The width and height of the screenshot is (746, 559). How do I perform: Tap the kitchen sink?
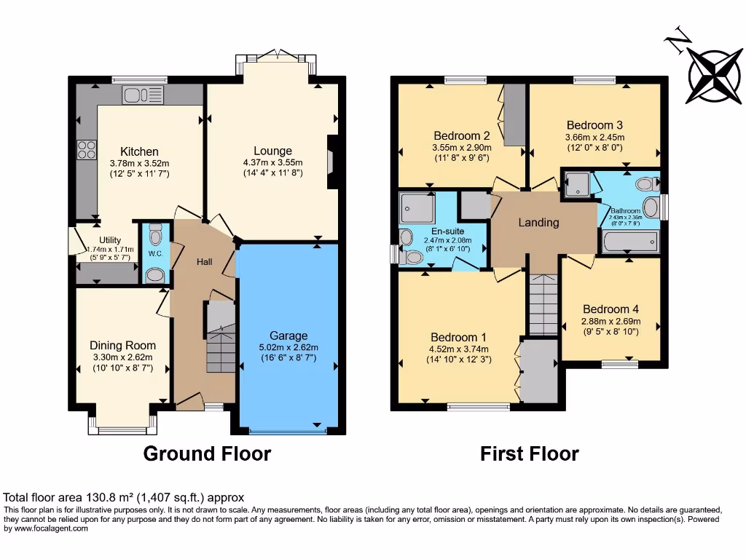tap(144, 95)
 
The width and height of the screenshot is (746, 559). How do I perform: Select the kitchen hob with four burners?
tap(87, 149)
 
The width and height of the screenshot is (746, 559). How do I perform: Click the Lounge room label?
tap(272, 151)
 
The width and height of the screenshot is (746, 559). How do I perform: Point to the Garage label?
tap(288, 336)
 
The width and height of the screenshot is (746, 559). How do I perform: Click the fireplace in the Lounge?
tap(333, 162)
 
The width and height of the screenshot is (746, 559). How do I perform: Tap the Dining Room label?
tap(122, 345)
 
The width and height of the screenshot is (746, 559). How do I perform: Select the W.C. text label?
tap(155, 253)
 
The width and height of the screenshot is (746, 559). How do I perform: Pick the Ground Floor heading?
tap(207, 454)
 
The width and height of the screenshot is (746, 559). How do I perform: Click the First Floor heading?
tap(530, 454)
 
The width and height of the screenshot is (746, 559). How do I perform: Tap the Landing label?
tap(538, 223)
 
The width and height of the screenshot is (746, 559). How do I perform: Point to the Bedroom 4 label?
tap(610, 309)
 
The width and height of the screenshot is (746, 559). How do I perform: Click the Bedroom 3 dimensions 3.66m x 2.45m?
tap(594, 137)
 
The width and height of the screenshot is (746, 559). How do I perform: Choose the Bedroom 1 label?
tap(458, 337)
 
